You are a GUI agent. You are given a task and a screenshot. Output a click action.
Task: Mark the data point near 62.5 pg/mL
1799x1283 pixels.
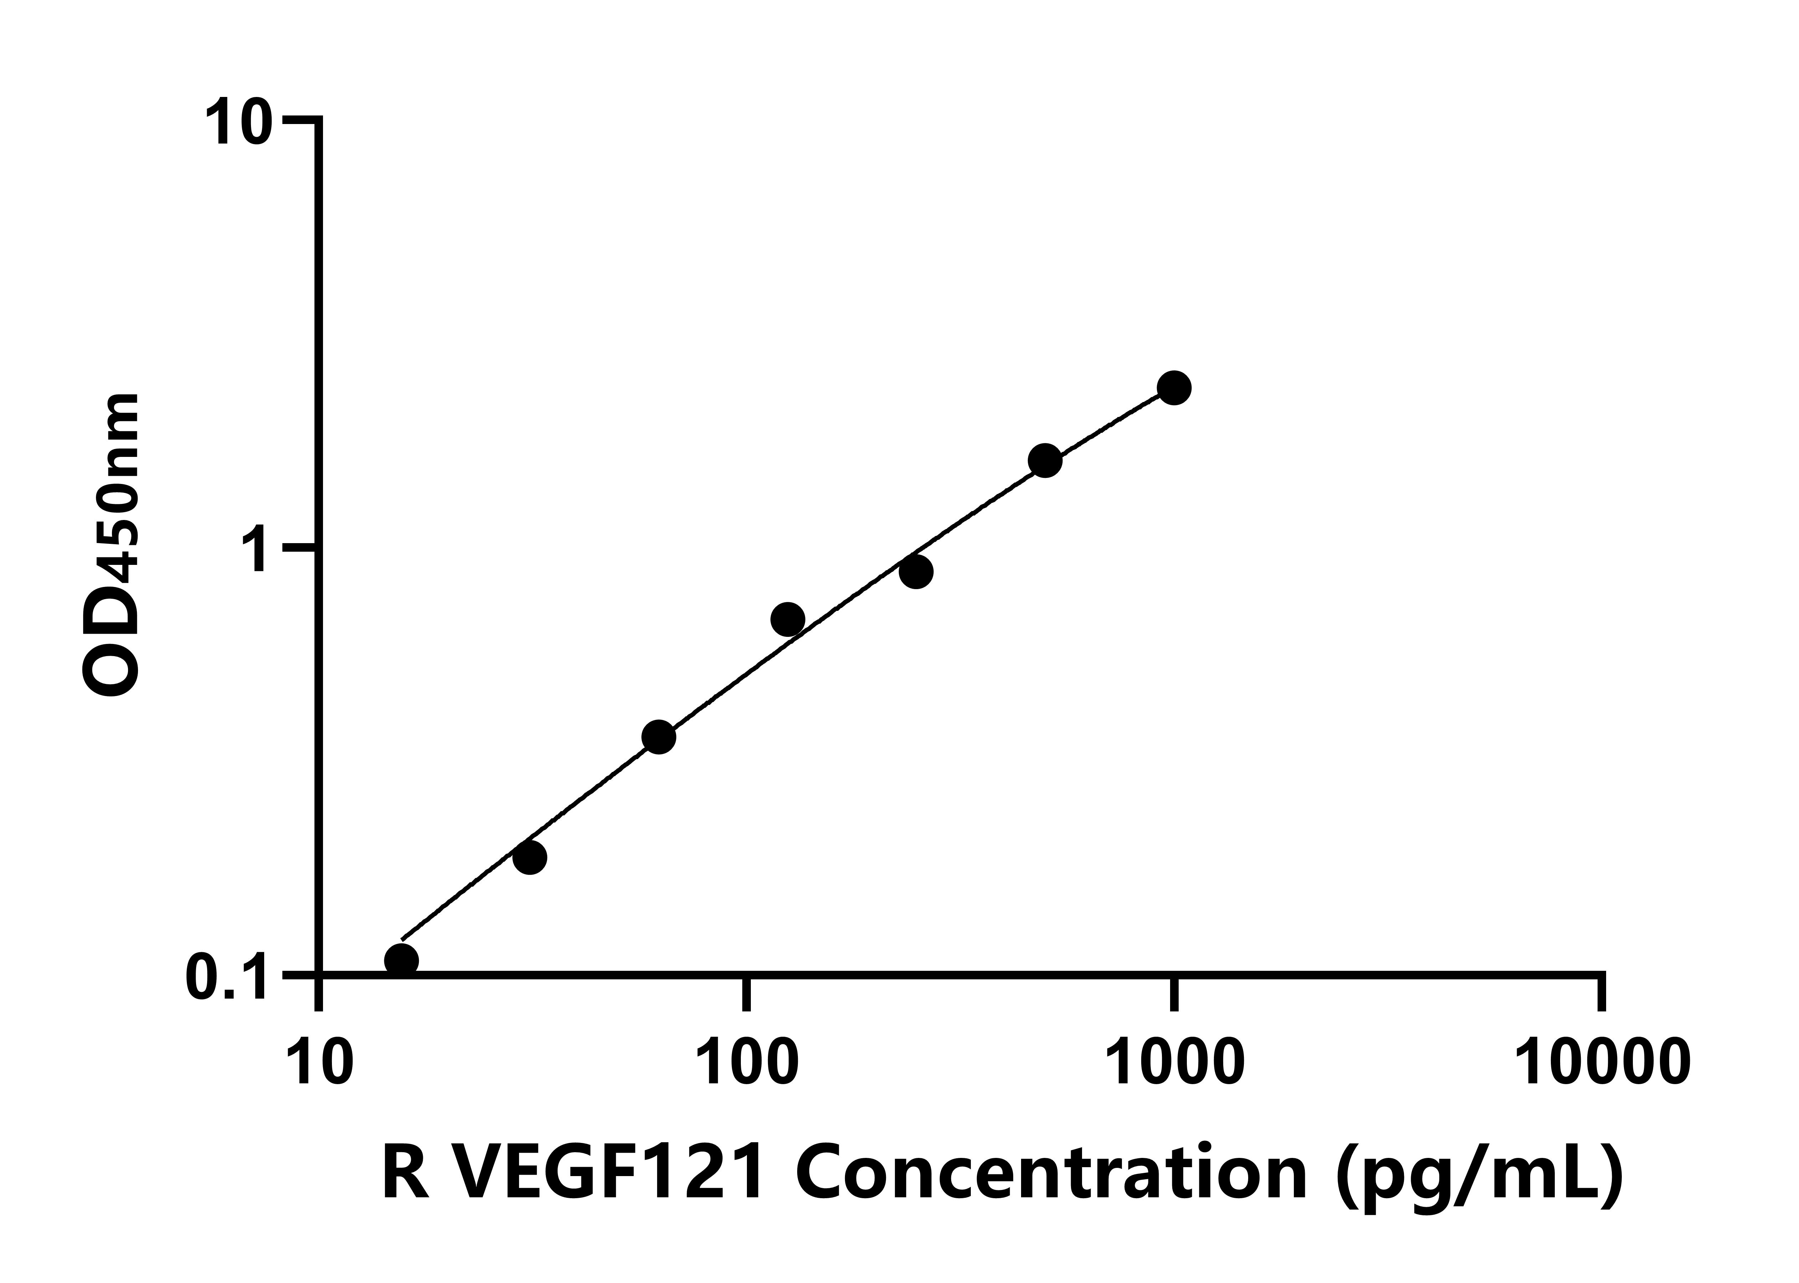[x=659, y=737]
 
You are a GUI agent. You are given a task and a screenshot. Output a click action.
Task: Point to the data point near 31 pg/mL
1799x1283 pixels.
[x=529, y=857]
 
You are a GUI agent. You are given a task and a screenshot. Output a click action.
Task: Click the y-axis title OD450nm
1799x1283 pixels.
[x=112, y=545]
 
